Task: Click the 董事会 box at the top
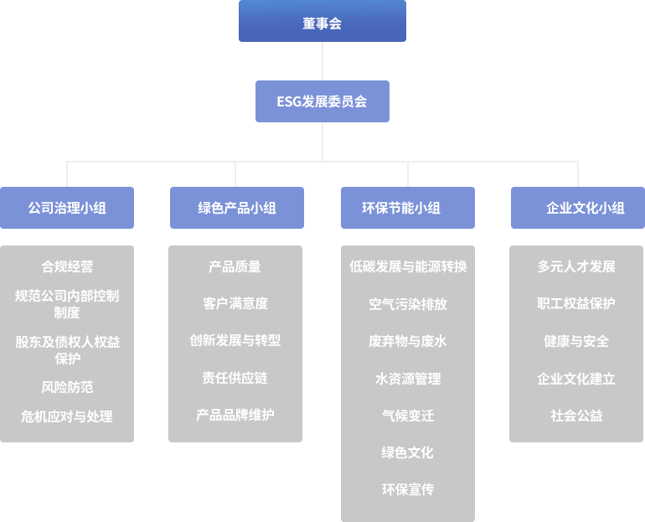click(x=322, y=22)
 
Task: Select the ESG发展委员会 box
click(x=322, y=101)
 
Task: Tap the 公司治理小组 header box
click(x=67, y=208)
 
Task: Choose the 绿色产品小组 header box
click(x=237, y=208)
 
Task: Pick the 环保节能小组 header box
click(x=407, y=208)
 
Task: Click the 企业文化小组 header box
click(x=577, y=208)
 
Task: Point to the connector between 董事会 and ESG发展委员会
click(x=322, y=61)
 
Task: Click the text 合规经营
click(x=67, y=266)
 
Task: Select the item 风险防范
click(x=67, y=387)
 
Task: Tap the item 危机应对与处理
click(x=67, y=416)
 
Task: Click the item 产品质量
click(x=235, y=266)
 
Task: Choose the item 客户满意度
click(x=235, y=303)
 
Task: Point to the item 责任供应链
click(x=235, y=378)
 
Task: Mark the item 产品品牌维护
click(x=235, y=415)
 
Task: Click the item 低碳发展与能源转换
click(x=407, y=266)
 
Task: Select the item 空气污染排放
click(x=407, y=304)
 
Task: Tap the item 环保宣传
click(x=407, y=489)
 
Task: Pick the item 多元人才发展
click(x=576, y=266)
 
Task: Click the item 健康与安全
click(x=576, y=341)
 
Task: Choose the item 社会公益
click(x=576, y=416)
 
